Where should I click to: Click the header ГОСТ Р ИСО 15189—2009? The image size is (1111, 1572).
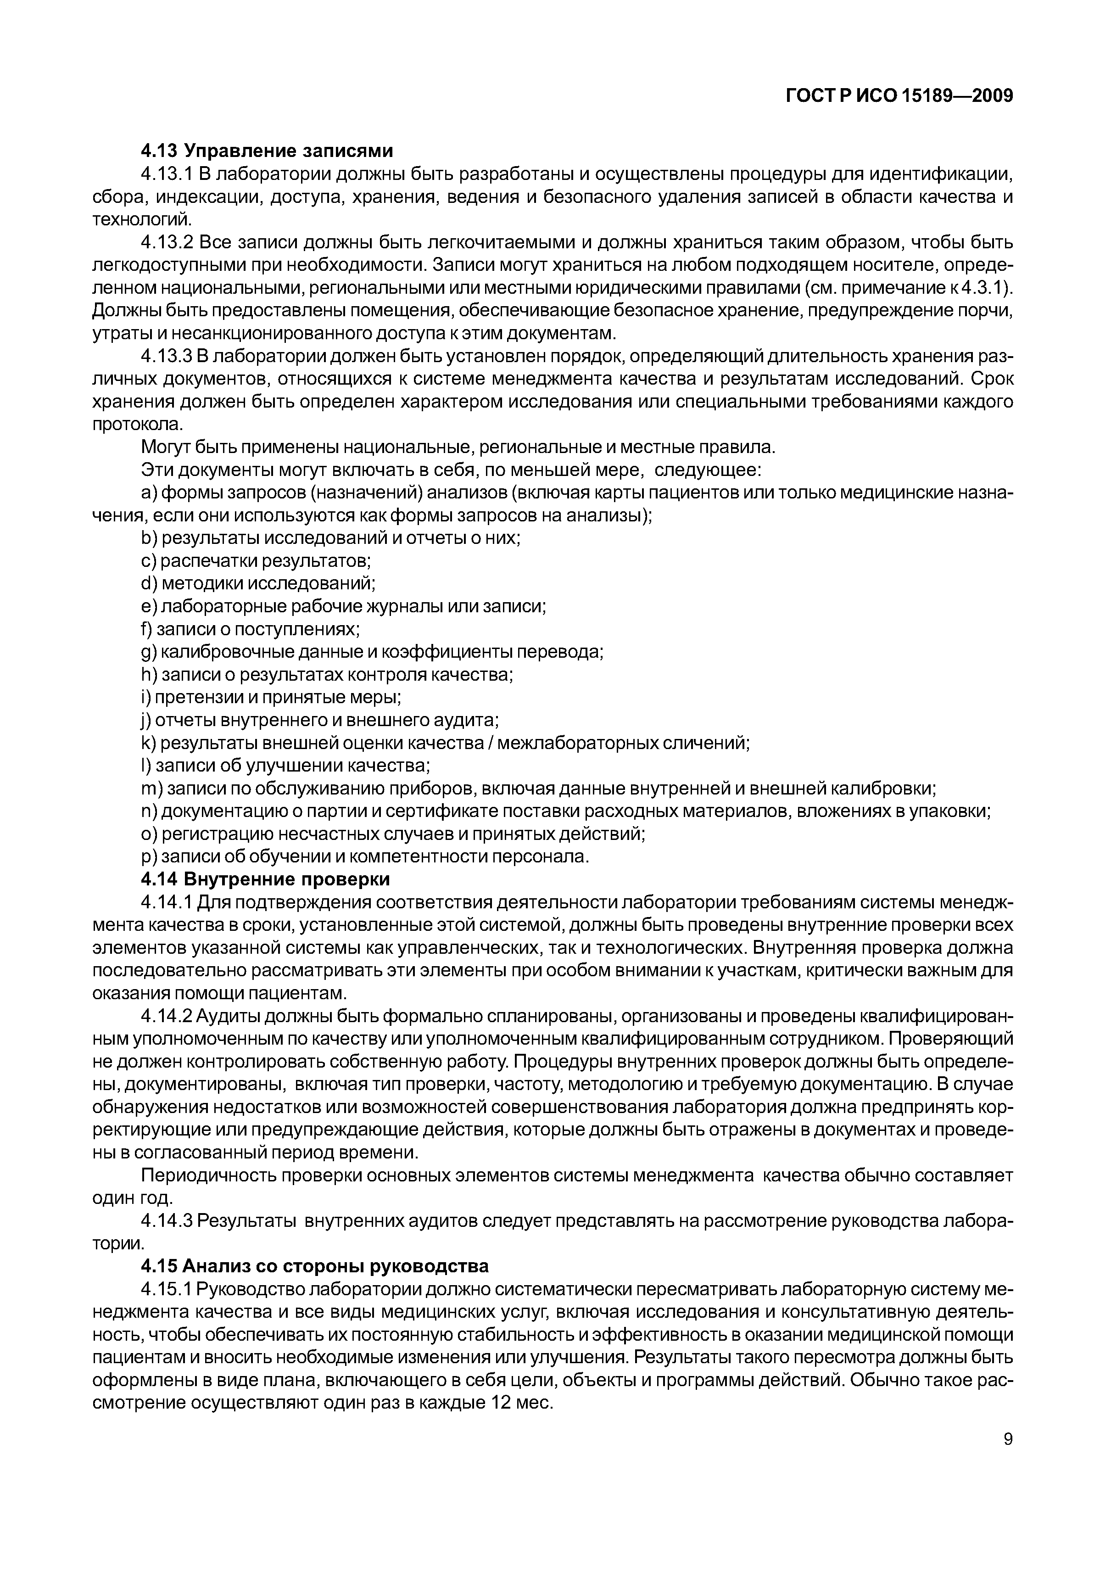tap(898, 96)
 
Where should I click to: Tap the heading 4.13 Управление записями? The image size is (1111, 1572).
tap(267, 151)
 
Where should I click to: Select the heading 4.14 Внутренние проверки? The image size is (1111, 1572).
tap(265, 878)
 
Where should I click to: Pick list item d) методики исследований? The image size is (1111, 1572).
tap(258, 583)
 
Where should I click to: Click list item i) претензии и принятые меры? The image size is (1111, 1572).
tap(271, 697)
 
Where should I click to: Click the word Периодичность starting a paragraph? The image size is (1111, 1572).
tap(207, 1175)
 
